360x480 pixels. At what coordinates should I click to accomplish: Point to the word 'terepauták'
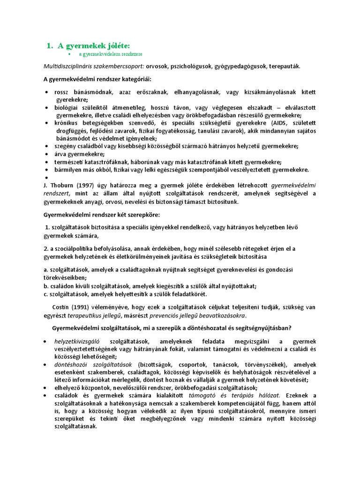[x=285, y=66]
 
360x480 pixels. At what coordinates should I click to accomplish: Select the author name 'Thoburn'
[x=60, y=186]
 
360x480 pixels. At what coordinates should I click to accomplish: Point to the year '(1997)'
[x=85, y=186]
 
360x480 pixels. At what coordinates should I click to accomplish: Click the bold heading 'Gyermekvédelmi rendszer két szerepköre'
[x=101, y=215]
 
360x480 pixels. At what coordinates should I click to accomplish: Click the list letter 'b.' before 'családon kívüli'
[x=45, y=285]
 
